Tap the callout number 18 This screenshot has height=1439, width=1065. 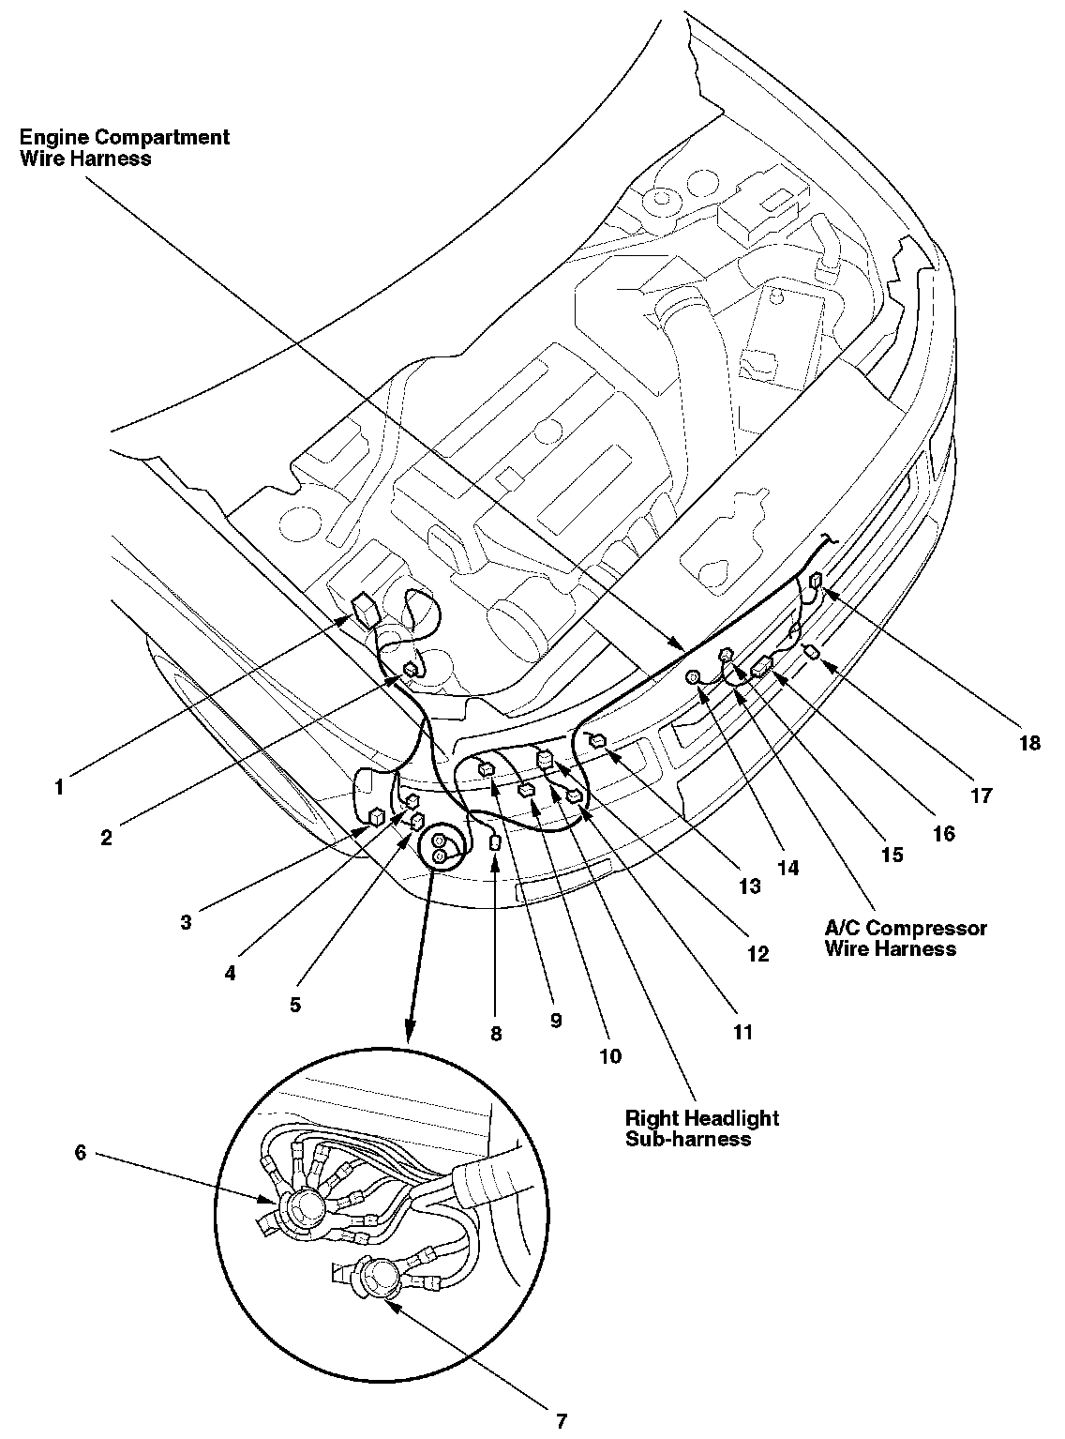coord(1029,743)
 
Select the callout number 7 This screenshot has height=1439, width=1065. coord(562,1420)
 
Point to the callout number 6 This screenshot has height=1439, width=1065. coord(81,1153)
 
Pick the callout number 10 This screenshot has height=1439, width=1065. coord(609,1056)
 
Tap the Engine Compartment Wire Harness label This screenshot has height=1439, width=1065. coord(125,147)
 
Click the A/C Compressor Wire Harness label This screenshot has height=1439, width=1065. coord(905,938)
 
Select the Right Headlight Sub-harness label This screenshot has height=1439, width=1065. coord(701,1128)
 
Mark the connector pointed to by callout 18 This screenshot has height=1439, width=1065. coord(817,582)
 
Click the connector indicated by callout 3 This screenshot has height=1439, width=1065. coord(377,816)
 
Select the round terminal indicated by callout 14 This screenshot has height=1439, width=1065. coord(696,677)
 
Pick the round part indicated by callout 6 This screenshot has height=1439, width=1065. coord(302,1208)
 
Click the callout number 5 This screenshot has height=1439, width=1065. coord(295,1005)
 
